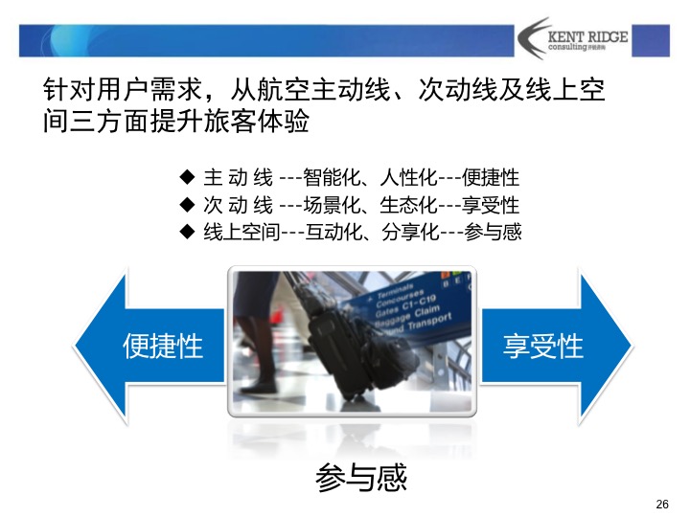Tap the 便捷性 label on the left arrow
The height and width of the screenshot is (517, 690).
(x=163, y=346)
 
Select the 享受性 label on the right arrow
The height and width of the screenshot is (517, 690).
(x=542, y=346)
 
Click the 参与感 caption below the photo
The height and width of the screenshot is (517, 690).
(x=361, y=477)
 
